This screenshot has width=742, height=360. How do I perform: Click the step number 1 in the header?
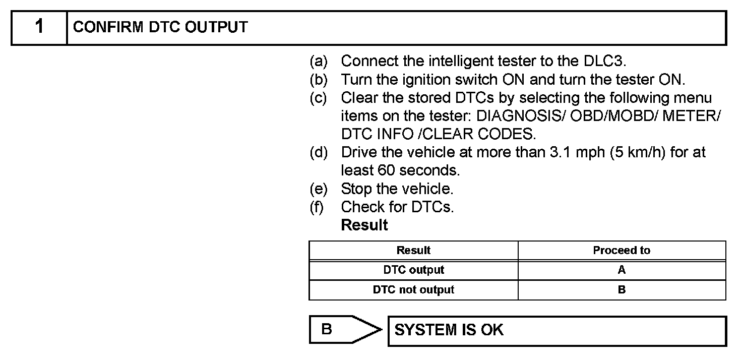pos(39,27)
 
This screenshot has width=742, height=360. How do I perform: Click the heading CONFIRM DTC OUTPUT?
pos(160,27)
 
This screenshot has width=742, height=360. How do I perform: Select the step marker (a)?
pos(318,62)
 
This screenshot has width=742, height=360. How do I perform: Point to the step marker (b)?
pos(318,80)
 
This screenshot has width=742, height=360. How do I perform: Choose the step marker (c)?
pos(318,98)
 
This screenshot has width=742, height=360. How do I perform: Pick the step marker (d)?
pos(318,152)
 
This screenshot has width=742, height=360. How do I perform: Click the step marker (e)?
pos(318,189)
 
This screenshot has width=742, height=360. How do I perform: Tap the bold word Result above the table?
pos(364,225)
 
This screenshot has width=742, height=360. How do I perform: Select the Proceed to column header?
pos(622,251)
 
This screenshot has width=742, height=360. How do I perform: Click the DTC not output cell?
pos(413,290)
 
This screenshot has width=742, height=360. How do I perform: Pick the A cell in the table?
pos(622,270)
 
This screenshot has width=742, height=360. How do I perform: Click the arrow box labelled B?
pos(343,330)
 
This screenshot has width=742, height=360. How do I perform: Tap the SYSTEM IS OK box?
pos(556,331)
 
